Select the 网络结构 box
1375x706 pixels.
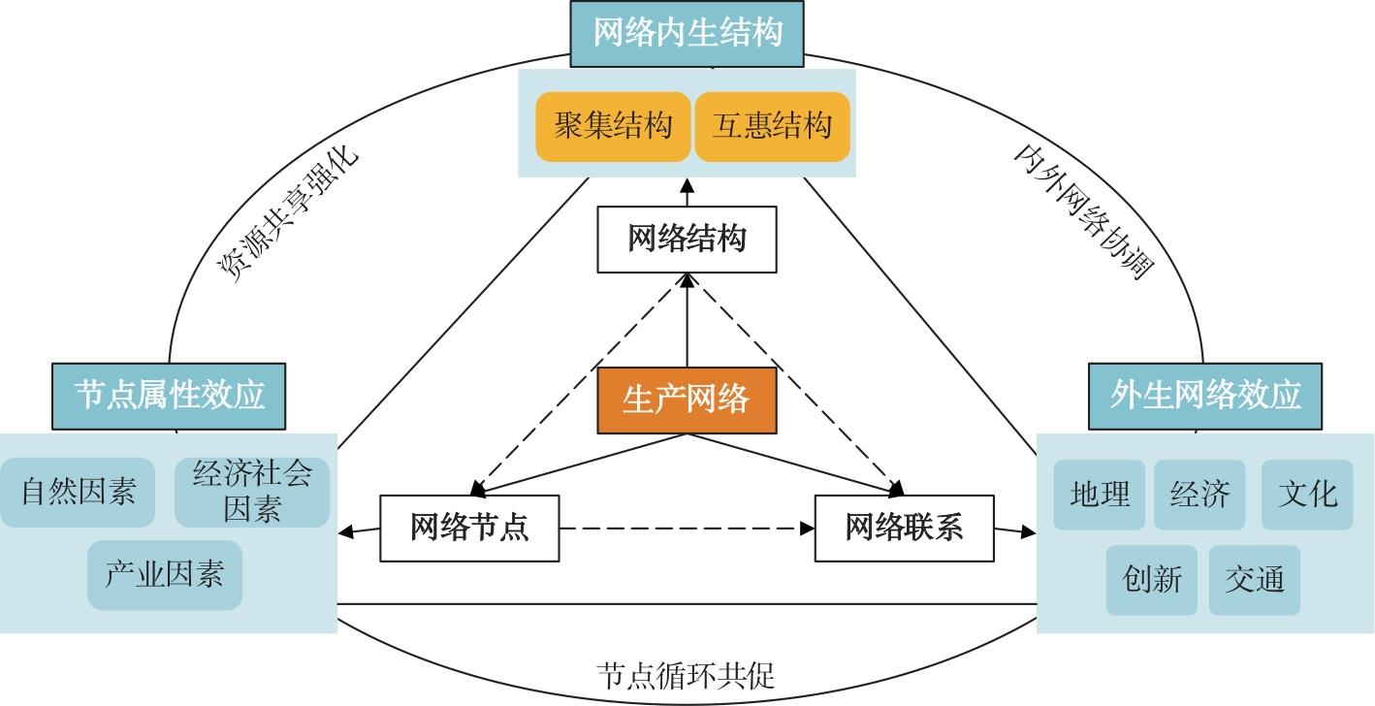click(687, 239)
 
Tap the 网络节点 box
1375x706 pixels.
click(469, 529)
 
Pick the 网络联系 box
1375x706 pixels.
click(904, 529)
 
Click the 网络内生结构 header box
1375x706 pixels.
click(687, 34)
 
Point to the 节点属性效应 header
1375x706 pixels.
click(170, 396)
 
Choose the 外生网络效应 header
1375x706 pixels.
click(1205, 396)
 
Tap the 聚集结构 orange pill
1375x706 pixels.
click(613, 126)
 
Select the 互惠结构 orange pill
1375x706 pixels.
click(772, 126)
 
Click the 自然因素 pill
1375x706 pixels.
click(78, 493)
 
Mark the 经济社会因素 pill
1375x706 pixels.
click(253, 493)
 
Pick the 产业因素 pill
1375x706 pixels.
click(165, 575)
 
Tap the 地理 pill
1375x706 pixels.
click(1100, 495)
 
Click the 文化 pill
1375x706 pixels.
click(1307, 495)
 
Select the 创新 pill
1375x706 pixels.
click(1152, 580)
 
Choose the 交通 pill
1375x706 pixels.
click(1255, 580)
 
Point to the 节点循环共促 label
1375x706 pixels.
click(687, 675)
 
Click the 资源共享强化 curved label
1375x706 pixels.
click(287, 214)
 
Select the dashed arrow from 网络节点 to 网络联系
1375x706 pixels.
click(687, 529)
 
